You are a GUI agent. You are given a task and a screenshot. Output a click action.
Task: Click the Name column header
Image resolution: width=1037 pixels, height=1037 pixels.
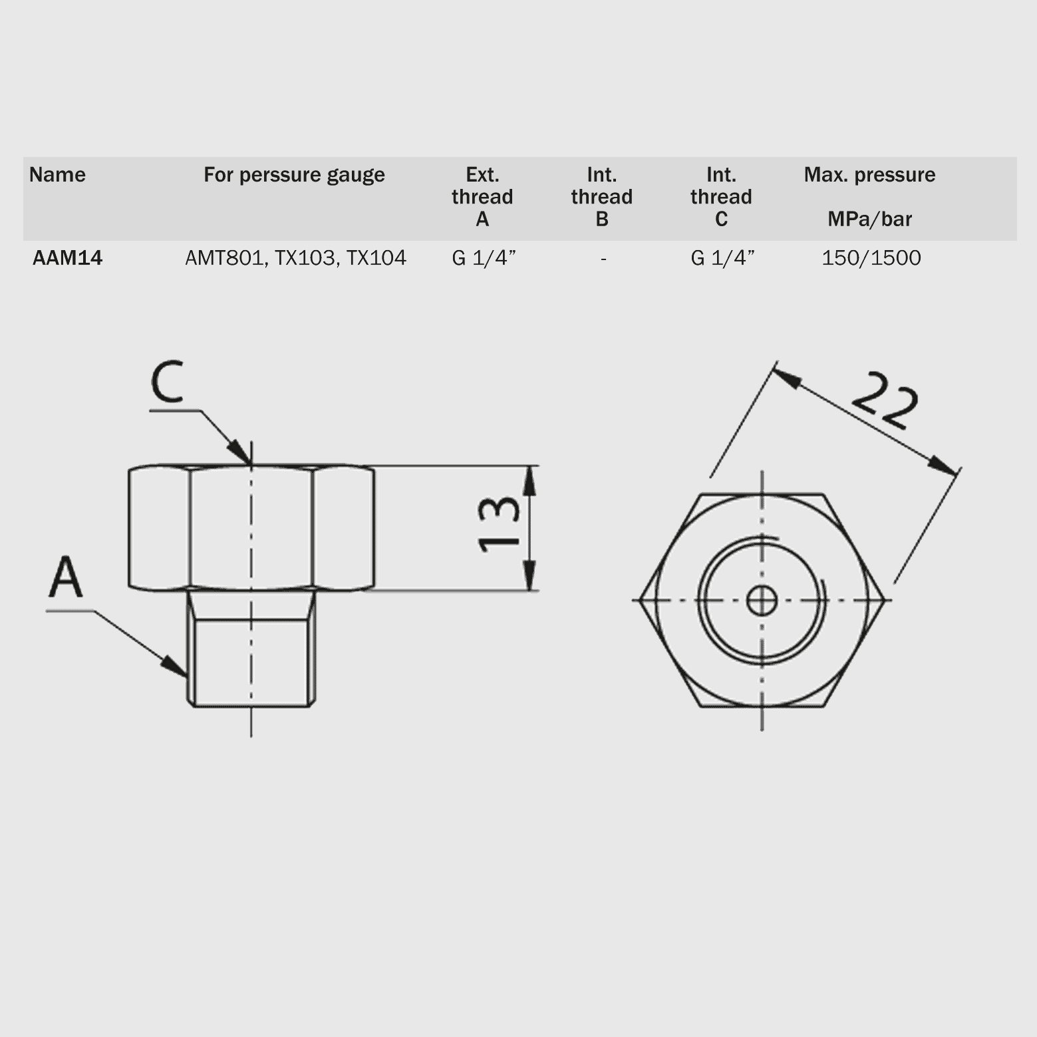click(57, 175)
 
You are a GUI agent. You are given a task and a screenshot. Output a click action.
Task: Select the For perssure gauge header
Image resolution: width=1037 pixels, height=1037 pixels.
click(294, 175)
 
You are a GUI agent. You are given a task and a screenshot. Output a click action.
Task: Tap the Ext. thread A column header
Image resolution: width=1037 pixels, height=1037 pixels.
click(482, 197)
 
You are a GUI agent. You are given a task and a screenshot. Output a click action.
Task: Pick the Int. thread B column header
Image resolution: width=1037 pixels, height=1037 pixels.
click(602, 197)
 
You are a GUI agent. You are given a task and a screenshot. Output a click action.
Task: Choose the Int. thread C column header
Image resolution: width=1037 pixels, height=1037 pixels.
click(721, 197)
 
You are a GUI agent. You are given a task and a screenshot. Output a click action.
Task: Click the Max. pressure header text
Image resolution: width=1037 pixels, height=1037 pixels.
click(869, 175)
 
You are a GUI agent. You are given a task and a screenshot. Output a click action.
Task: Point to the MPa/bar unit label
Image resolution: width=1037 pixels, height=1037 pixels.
click(869, 219)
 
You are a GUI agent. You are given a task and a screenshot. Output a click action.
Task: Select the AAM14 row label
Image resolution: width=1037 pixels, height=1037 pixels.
click(67, 258)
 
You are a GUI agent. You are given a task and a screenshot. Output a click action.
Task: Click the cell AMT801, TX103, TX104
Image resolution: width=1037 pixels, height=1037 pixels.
click(295, 258)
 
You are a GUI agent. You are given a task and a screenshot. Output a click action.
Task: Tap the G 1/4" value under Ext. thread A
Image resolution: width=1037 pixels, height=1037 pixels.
click(484, 258)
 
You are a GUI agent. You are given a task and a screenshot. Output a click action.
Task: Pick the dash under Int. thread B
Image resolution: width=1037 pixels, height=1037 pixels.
click(603, 259)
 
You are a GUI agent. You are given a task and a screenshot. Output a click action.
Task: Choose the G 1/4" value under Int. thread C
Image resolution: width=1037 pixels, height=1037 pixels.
click(722, 258)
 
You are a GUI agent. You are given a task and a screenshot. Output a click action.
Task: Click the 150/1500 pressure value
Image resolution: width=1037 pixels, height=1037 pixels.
click(871, 258)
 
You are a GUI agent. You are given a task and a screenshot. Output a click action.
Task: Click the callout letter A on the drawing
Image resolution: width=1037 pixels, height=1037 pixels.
click(66, 577)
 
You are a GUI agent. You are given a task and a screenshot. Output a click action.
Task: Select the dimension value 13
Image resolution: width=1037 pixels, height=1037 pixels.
click(499, 523)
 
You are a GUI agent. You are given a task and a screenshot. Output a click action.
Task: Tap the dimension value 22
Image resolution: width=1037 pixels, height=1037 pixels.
click(885, 400)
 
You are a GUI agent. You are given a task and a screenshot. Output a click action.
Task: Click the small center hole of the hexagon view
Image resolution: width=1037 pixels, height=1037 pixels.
click(762, 601)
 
